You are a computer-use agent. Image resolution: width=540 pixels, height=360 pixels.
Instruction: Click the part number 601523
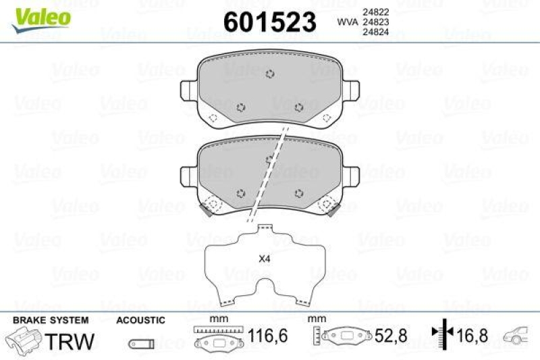(x=269, y=22)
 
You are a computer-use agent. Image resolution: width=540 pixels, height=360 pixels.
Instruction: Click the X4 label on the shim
(x=265, y=257)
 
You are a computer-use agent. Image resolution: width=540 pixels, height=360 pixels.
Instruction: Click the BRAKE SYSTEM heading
(x=51, y=319)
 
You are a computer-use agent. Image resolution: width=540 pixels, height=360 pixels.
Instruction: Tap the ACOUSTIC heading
(x=140, y=319)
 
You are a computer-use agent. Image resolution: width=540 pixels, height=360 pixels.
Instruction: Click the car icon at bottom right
(x=519, y=334)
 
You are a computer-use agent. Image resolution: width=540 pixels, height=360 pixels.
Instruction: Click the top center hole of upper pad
(x=270, y=74)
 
